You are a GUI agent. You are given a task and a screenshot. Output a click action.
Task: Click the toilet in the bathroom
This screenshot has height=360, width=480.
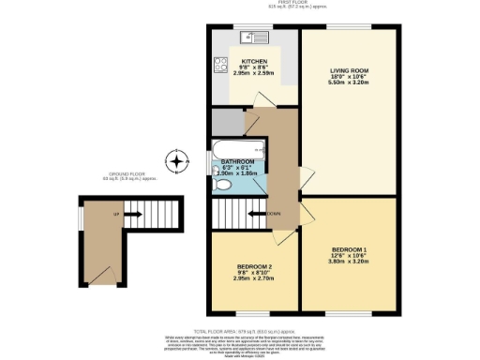[221, 186]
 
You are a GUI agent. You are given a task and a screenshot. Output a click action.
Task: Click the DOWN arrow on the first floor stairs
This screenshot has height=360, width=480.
[272, 214]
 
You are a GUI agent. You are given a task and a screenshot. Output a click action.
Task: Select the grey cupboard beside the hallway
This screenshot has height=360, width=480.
[226, 122]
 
